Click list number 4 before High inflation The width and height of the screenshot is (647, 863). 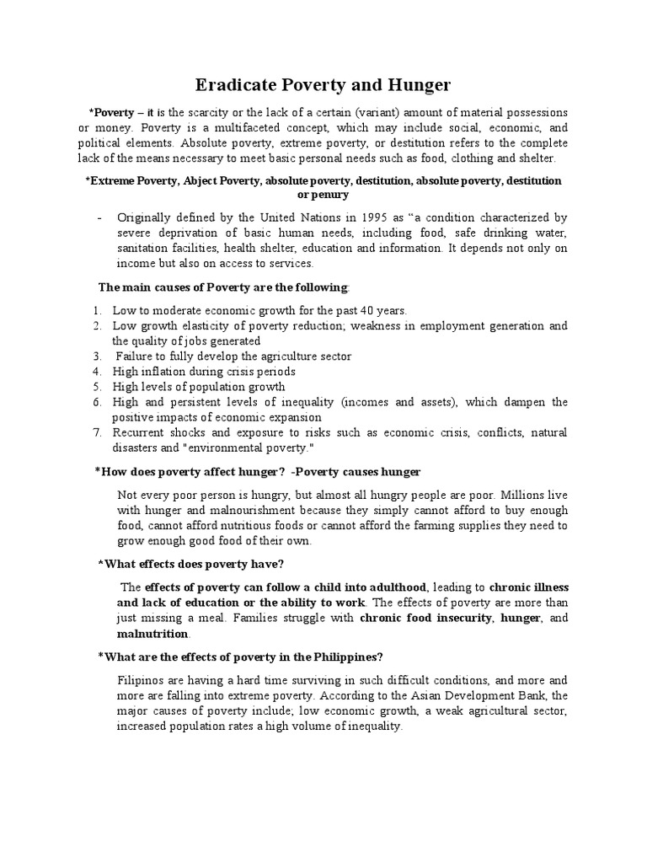click(x=98, y=371)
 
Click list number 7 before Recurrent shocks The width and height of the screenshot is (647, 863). click(x=98, y=432)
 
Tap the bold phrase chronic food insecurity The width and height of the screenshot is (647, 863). click(x=425, y=618)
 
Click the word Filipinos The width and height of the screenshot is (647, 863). click(x=142, y=679)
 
